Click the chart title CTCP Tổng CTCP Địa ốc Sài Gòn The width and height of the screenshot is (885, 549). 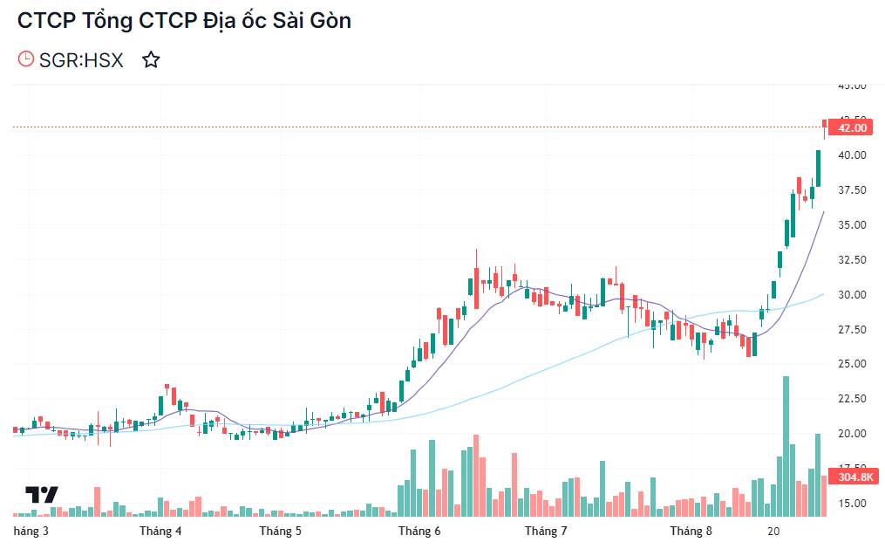(185, 21)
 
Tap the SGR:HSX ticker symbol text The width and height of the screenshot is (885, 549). (82, 60)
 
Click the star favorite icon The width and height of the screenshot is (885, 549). (151, 60)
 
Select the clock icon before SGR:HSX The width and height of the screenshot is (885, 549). (26, 59)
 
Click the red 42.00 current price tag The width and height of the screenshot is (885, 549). (852, 128)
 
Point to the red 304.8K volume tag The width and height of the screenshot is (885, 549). (854, 477)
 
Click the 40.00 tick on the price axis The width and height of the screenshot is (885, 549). (852, 155)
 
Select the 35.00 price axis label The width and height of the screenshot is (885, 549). (852, 225)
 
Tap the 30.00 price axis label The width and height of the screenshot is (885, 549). (852, 295)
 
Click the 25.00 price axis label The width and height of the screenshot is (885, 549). (852, 364)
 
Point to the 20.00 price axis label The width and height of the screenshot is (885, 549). (852, 434)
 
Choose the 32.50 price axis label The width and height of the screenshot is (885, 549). (852, 260)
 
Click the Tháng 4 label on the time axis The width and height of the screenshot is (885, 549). (160, 531)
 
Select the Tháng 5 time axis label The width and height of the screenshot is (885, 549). (280, 531)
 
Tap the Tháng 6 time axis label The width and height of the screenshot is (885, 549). (419, 531)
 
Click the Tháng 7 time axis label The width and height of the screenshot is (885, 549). (547, 531)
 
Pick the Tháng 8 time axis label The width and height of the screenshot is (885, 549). (691, 531)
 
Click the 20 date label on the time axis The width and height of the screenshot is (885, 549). (773, 531)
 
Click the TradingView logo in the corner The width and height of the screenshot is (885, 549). (42, 495)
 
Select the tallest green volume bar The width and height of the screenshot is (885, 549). (786, 445)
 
